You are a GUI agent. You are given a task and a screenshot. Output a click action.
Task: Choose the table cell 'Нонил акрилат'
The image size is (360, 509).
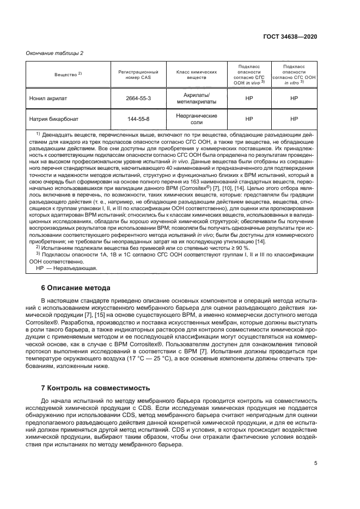(48, 99)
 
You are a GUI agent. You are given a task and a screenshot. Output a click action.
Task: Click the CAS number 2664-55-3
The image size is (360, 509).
(138, 99)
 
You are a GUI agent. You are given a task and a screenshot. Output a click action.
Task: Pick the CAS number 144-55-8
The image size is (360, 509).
(138, 119)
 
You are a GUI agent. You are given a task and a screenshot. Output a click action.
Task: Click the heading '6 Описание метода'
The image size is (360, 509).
(76, 287)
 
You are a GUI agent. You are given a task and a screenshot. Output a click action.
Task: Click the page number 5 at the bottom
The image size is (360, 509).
(315, 464)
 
